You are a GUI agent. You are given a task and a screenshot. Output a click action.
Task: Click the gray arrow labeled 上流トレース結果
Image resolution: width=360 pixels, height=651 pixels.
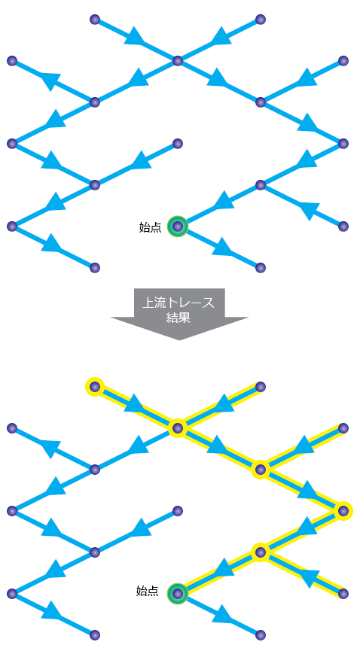point(179,312)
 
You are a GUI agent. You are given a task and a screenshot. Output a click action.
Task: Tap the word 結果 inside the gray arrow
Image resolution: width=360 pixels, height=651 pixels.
point(178,318)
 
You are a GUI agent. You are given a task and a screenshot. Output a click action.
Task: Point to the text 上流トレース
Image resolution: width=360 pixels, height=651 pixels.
point(178,303)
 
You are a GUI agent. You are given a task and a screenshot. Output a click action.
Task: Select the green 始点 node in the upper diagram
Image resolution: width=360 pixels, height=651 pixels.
point(178,227)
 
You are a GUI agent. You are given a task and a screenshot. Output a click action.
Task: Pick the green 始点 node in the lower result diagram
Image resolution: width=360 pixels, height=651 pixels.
point(178,593)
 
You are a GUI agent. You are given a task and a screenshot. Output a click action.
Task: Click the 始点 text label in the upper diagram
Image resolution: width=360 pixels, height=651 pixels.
point(150,227)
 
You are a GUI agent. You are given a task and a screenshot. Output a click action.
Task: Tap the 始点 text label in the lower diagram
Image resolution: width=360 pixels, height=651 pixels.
point(147,591)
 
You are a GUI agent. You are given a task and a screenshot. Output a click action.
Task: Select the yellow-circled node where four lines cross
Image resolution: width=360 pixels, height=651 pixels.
point(178,427)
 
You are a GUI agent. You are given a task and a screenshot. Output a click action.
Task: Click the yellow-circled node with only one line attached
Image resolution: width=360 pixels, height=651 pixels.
point(94,387)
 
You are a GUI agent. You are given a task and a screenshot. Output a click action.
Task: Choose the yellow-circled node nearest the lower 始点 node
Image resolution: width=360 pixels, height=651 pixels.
point(261,552)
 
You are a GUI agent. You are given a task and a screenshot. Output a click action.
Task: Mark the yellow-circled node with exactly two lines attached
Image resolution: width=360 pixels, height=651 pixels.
point(343,511)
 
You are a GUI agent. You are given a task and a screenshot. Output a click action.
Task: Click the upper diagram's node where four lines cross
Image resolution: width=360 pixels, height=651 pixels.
point(178,61)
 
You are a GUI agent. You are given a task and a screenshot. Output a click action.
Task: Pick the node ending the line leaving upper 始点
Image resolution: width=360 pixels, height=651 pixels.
point(261,268)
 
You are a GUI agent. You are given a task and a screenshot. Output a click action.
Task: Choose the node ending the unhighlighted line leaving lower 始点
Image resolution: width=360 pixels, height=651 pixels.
point(261,634)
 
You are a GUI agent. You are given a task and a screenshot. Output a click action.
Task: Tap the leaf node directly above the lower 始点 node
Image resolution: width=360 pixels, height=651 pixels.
point(178,511)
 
